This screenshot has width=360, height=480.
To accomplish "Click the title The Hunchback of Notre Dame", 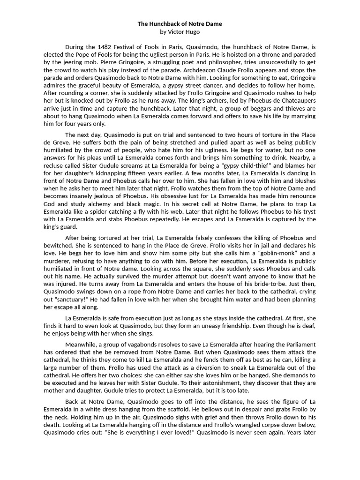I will click(x=180, y=23).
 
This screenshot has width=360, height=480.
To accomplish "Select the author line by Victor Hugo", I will click(x=180, y=32).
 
